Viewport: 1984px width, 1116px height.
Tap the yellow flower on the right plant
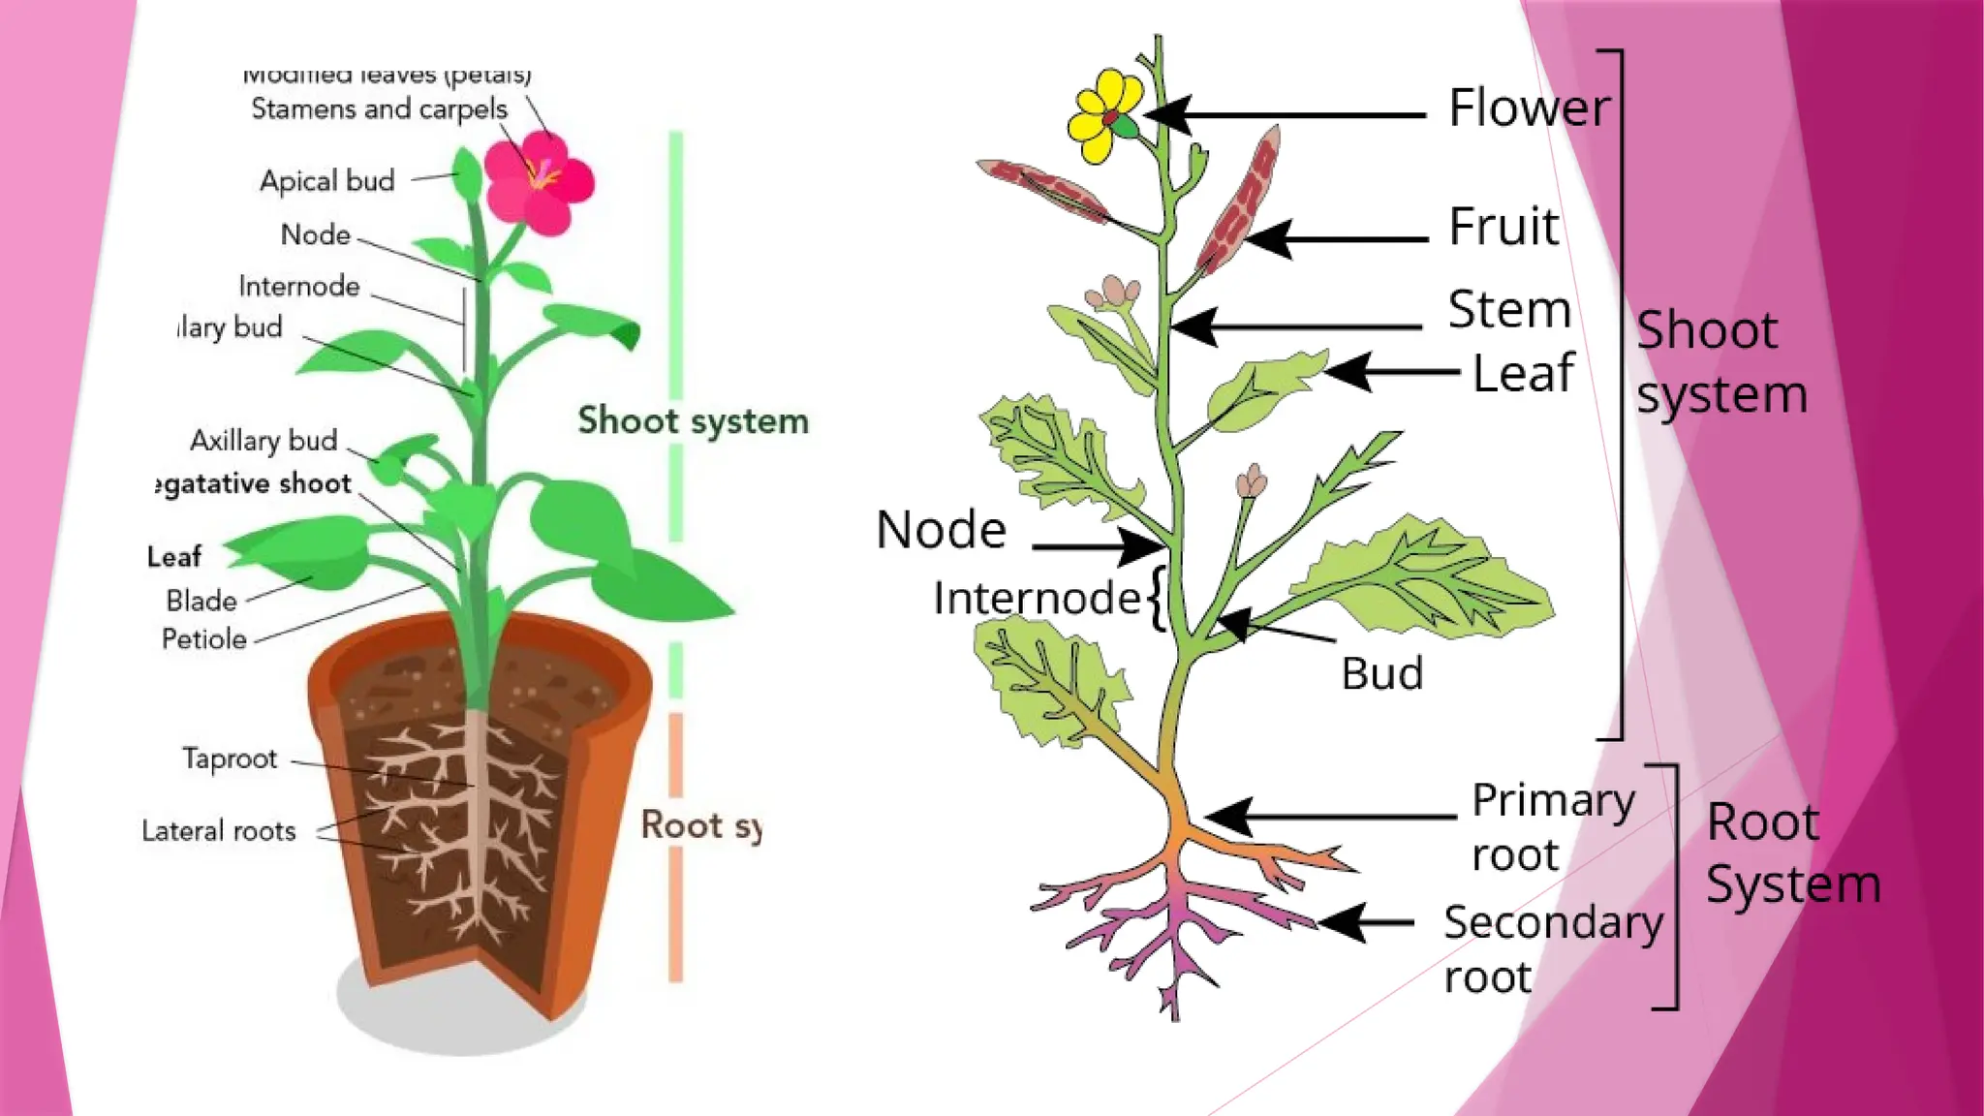[1104, 116]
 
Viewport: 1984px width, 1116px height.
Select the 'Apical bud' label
[327, 181]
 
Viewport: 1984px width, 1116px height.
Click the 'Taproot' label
[230, 759]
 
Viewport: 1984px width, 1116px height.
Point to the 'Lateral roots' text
[219, 831]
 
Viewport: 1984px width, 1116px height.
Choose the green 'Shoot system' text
[693, 421]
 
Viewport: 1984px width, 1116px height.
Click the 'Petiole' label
[204, 639]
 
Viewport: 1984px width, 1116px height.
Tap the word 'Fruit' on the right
[1503, 228]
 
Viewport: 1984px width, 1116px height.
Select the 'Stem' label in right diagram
[1508, 310]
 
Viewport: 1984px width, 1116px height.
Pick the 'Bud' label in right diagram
[1381, 673]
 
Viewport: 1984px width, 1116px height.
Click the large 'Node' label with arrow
[941, 530]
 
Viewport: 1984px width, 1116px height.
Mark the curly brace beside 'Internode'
[1157, 599]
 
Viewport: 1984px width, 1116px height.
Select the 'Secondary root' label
[1552, 948]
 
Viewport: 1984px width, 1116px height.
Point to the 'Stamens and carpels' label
[379, 108]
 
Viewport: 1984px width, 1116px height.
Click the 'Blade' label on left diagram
[201, 601]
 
